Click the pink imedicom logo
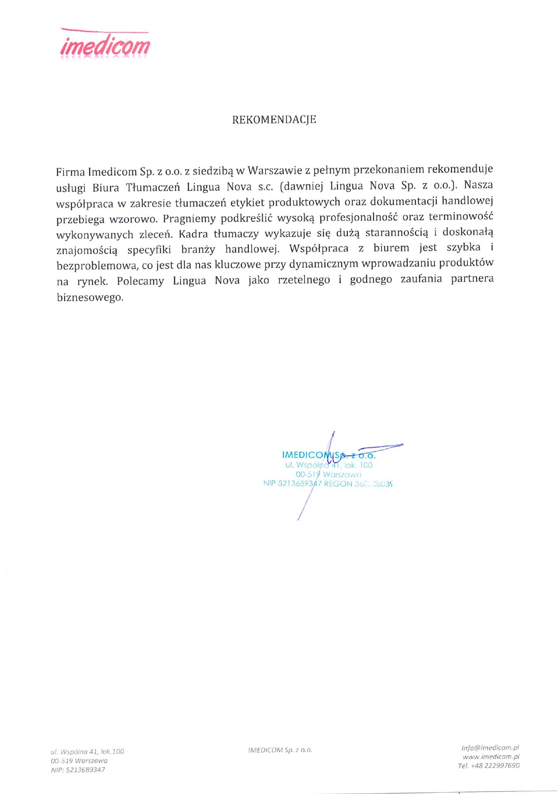[105, 45]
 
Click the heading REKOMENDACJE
[274, 120]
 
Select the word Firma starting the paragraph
[70, 172]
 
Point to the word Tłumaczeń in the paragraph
[153, 187]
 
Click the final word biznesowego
[90, 297]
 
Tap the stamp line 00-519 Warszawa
[328, 474]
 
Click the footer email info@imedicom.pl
[490, 748]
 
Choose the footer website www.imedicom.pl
[491, 756]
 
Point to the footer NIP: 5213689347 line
[78, 770]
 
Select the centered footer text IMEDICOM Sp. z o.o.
[280, 750]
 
